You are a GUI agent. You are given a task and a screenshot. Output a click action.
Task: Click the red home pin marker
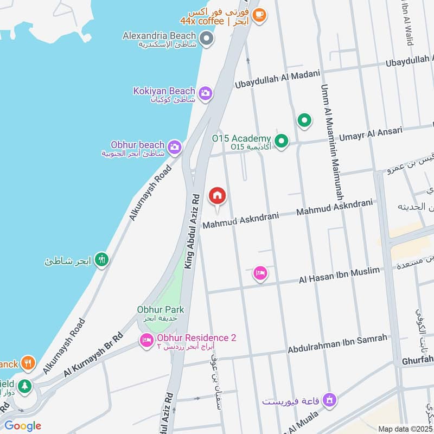tap(217, 196)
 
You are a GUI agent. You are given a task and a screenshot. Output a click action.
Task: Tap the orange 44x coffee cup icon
tap(259, 15)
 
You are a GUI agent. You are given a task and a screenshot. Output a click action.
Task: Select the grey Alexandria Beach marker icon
tap(206, 39)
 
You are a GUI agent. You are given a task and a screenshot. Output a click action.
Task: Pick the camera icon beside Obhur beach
tap(174, 146)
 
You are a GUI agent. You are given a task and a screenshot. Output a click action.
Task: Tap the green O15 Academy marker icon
tap(281, 142)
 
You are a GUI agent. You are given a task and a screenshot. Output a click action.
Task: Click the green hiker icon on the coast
tap(101, 260)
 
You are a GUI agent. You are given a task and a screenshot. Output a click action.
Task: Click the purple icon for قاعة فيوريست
tap(328, 401)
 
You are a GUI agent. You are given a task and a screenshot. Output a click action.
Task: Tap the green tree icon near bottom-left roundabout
tap(24, 386)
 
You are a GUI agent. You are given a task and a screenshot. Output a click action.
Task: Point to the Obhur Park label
tap(160, 310)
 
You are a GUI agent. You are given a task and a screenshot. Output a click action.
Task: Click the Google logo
tap(23, 425)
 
